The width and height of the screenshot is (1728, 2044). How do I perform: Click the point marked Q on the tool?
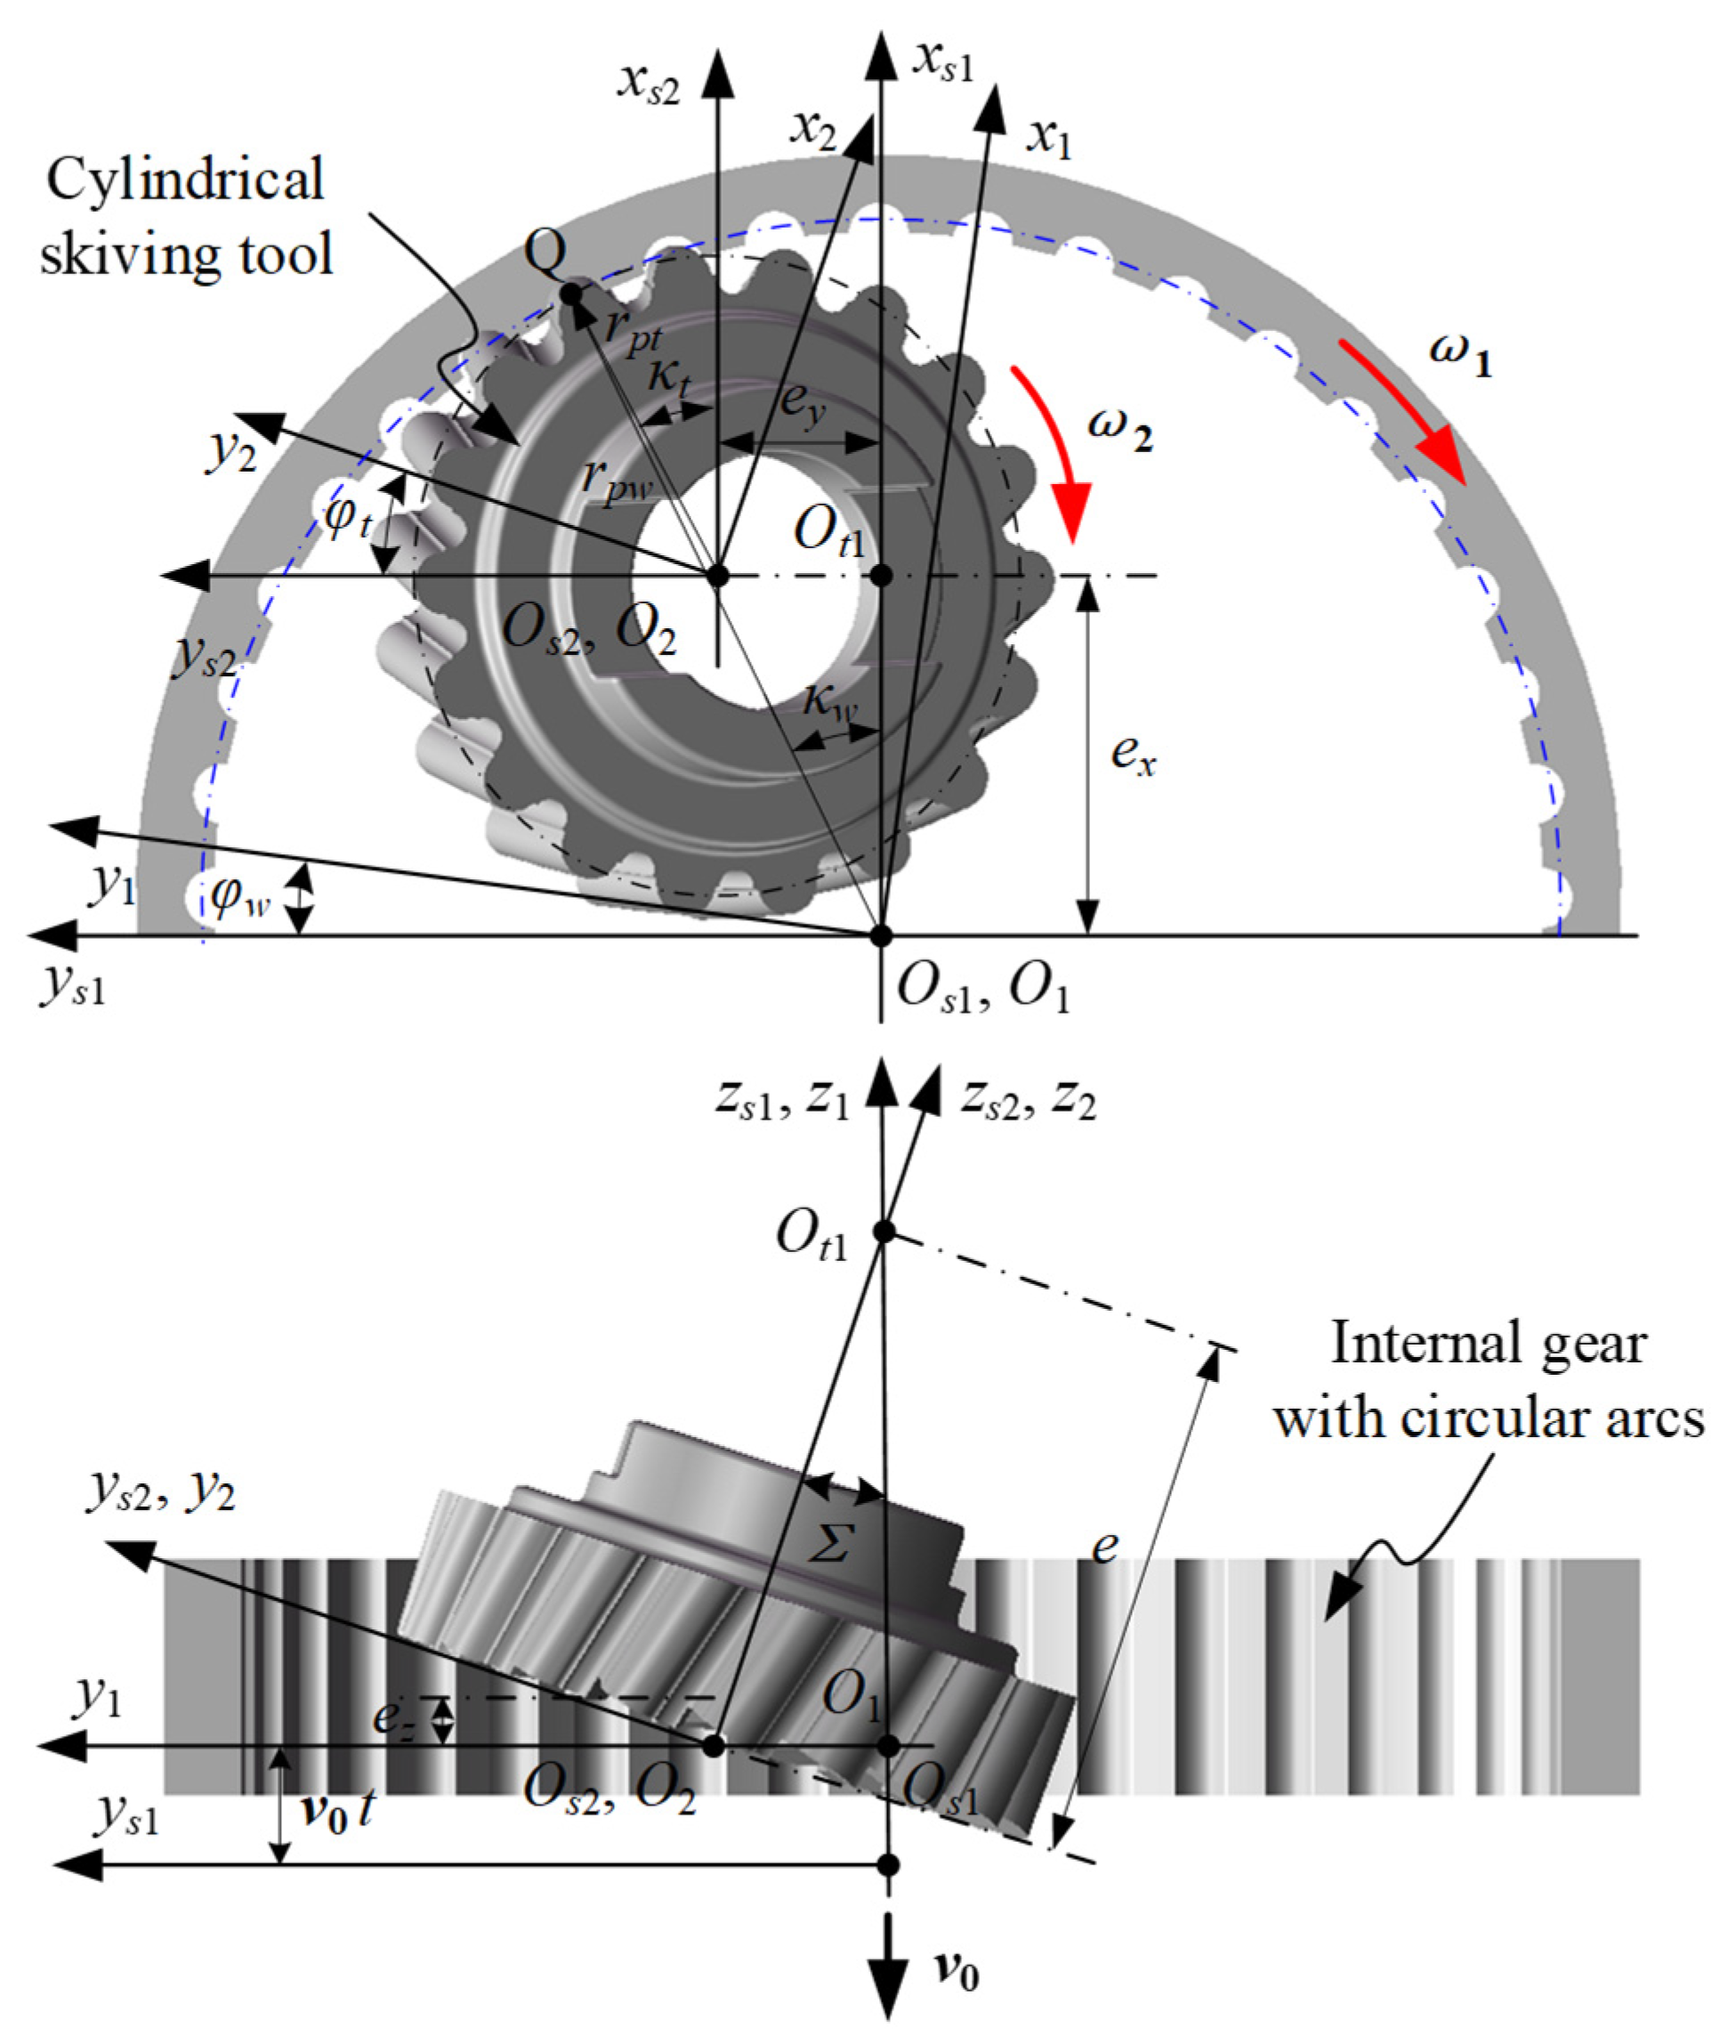tap(569, 293)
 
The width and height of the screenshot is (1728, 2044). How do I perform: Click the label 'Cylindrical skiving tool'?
tap(186, 216)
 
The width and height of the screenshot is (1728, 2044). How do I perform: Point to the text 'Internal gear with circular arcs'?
tap(1487, 1380)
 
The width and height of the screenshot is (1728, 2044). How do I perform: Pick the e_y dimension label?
tap(803, 402)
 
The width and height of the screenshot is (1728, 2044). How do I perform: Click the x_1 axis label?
tap(1050, 140)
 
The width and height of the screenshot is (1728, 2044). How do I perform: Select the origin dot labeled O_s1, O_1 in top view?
tap(882, 935)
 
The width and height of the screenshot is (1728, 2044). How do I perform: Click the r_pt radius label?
tap(634, 328)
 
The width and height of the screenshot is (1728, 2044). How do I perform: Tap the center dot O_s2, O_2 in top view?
tap(718, 576)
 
